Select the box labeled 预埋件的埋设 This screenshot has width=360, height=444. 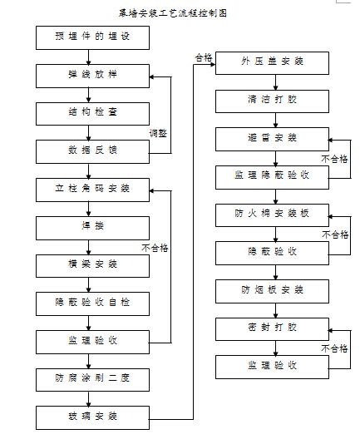(92, 37)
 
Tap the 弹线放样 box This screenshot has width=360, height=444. (92, 75)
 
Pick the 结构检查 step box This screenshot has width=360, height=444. (92, 113)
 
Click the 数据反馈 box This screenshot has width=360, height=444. (92, 151)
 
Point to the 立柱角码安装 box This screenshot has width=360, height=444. (92, 189)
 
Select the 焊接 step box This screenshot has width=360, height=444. (92, 226)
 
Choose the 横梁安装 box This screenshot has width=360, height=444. (92, 264)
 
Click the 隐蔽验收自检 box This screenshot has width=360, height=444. (92, 303)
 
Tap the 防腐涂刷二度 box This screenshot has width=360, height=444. (92, 379)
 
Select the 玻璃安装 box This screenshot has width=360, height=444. (92, 417)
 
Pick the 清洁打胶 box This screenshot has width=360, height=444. (272, 101)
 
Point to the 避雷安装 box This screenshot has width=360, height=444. (272, 139)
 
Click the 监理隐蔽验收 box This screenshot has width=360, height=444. (272, 176)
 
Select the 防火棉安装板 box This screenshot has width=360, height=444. (272, 215)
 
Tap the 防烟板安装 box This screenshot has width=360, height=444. (272, 290)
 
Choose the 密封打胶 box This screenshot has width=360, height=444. (272, 328)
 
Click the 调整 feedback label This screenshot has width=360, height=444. (158, 132)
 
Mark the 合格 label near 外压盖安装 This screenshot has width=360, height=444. (203, 57)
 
